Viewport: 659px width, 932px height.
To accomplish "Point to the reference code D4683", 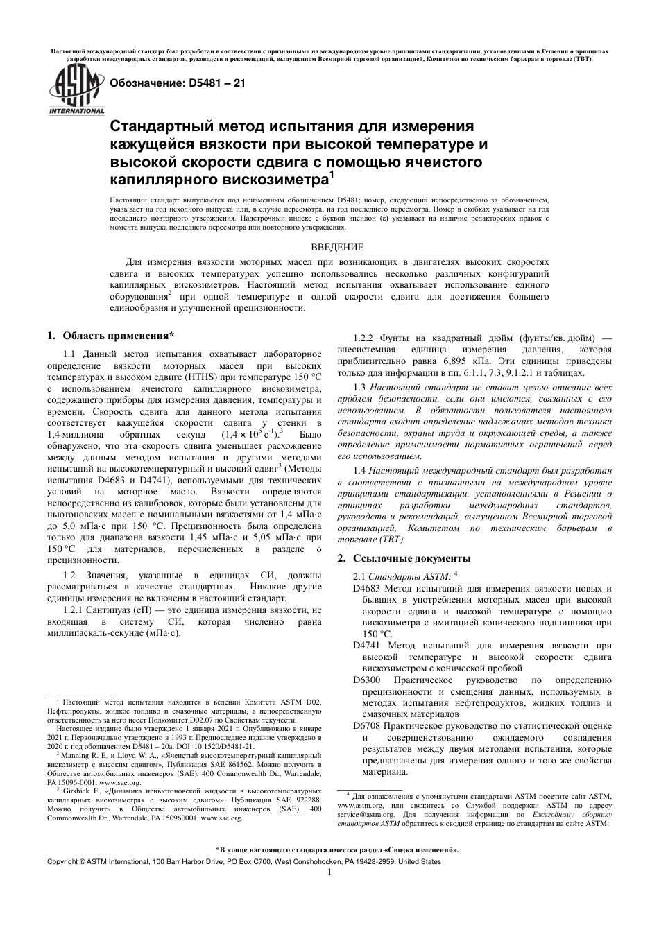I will [367, 589].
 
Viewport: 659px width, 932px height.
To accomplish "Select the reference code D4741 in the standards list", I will [367, 645].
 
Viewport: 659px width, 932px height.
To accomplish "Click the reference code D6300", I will [367, 680].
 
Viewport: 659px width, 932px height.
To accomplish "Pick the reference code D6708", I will [367, 725].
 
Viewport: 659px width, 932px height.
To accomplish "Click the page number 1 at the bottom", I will [329, 872].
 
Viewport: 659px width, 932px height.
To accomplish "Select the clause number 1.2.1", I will [74, 610].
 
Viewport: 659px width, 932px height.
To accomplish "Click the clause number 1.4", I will [359, 470].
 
